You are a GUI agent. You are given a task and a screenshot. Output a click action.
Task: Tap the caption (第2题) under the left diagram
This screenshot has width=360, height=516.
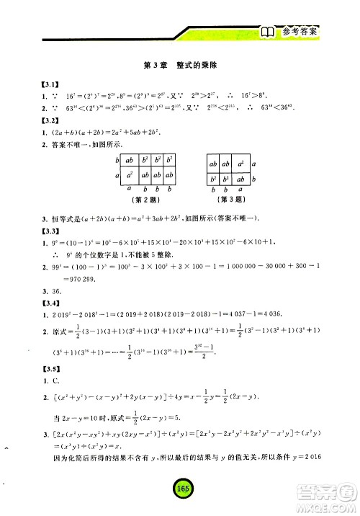pyautogui.click(x=147, y=200)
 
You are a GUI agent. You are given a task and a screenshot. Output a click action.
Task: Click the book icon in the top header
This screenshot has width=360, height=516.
pyautogui.click(x=266, y=32)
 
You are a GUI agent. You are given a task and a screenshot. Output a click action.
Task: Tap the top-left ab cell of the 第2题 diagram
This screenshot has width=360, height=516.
pyautogui.click(x=130, y=161)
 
